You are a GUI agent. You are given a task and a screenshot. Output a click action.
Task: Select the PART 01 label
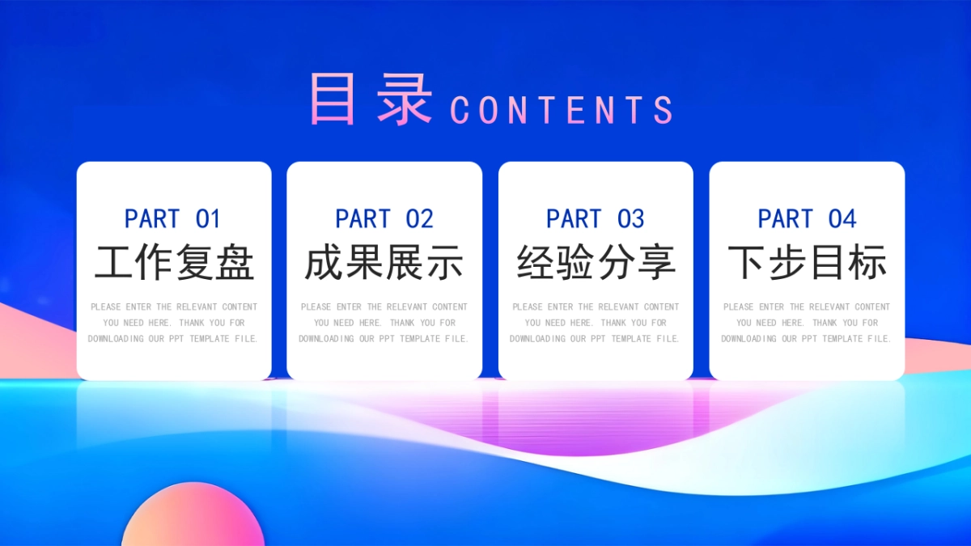pos(172,218)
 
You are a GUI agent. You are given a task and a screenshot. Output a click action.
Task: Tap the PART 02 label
pos(384,218)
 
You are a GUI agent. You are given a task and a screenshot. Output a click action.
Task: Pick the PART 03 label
pos(596,218)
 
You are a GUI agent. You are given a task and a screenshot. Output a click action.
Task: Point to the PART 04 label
pos(807,218)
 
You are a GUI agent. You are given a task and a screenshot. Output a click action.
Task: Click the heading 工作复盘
pos(174,263)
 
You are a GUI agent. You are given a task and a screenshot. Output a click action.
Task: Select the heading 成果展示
pos(384,263)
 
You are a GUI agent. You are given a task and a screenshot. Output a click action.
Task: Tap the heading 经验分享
pos(596,263)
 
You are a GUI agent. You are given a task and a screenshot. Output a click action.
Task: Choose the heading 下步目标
pos(807,263)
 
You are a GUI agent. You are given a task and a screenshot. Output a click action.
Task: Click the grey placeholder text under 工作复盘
pos(174,323)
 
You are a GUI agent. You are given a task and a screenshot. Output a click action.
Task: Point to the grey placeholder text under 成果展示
pos(384,323)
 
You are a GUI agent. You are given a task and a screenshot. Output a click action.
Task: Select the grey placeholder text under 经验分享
pos(596,323)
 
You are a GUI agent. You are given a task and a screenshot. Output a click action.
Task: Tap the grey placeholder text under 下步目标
pos(807,323)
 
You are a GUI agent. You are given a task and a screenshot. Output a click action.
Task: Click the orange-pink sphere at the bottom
pos(193,518)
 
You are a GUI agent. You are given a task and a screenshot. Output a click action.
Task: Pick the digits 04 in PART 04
pos(842,218)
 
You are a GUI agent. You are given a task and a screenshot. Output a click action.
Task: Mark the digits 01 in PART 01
pos(207,218)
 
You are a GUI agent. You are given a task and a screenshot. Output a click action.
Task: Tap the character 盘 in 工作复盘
pos(235,263)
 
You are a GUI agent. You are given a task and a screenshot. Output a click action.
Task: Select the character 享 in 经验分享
pos(656,263)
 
